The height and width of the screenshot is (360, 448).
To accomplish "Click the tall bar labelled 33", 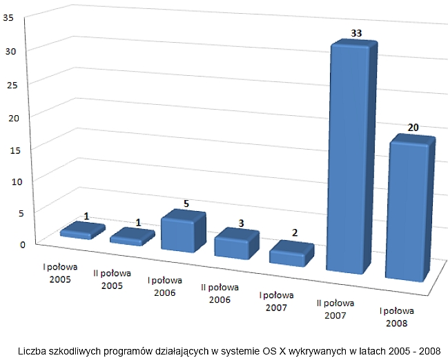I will [353, 159].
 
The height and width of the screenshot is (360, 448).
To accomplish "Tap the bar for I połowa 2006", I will [183, 232].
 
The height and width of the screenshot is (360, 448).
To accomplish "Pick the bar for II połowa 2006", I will [236, 244].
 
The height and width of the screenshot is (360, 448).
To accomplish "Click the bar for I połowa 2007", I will [291, 254].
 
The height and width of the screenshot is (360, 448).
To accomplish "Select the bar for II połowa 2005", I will [132, 237].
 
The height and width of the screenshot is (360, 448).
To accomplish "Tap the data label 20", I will [413, 128].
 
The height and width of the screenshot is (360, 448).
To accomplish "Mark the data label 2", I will [295, 233].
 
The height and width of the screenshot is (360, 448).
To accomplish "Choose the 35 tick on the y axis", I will [9, 19].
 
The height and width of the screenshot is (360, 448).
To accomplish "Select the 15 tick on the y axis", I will [9, 148].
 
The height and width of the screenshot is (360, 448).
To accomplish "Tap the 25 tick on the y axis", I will [9, 83].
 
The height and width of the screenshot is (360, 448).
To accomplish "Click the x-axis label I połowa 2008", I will [400, 317].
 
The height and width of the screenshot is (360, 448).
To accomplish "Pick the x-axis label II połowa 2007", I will [336, 308].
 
